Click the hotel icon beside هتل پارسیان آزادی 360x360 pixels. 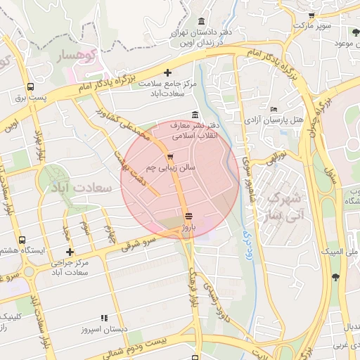coord(274,109)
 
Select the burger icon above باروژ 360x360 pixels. coord(188,216)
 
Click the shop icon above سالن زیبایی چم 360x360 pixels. coord(171,157)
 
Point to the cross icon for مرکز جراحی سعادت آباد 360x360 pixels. coord(70,252)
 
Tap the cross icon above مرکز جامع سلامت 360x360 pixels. coord(167,72)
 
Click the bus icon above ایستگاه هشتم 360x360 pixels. coord(22,240)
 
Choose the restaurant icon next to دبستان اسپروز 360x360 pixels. coord(104,318)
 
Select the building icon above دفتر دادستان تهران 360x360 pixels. coord(202,21)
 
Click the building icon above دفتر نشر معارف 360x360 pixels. coord(195,115)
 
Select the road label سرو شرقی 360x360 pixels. coord(137,242)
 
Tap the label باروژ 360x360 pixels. coord(188,228)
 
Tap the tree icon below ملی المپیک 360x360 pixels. coord(335,276)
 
